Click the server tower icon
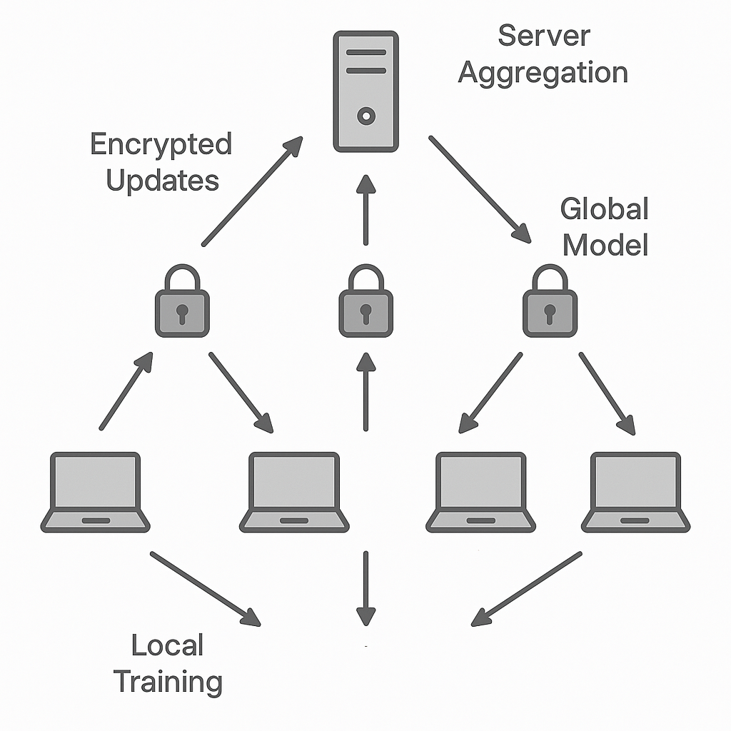[365, 91]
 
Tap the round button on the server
[365, 115]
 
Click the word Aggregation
[543, 74]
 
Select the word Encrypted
[161, 145]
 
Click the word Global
[605, 210]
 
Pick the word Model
[605, 245]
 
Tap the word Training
[168, 682]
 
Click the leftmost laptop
[96, 493]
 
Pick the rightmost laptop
[636, 493]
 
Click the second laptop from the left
[294, 493]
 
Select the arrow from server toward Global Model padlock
[480, 189]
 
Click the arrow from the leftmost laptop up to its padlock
[126, 390]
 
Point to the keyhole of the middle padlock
[365, 312]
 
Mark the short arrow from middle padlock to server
[365, 210]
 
